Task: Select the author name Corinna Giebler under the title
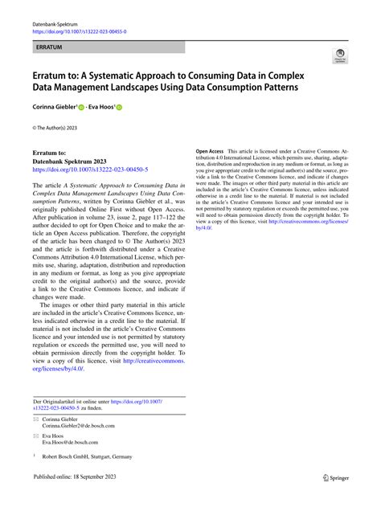(x=54, y=106)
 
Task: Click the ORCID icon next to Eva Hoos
(x=120, y=106)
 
